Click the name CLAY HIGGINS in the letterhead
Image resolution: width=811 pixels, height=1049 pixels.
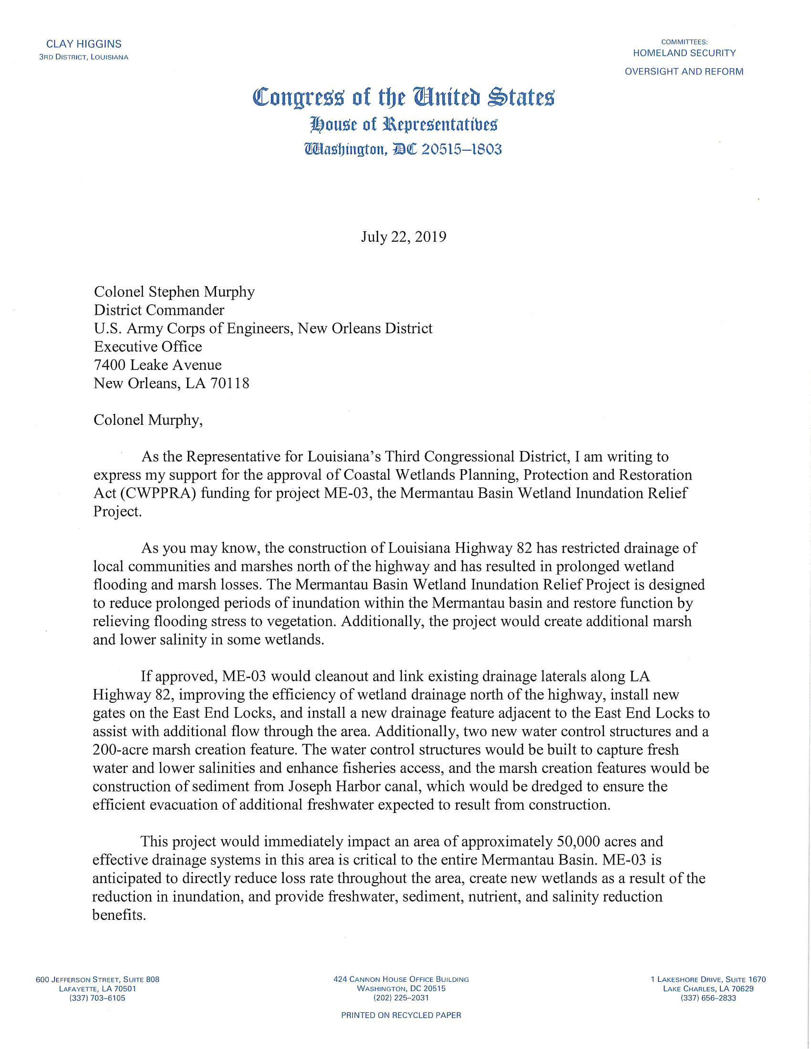(83, 44)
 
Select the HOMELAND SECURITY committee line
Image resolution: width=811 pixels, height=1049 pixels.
(684, 53)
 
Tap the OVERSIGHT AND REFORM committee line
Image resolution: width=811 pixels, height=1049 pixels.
(684, 72)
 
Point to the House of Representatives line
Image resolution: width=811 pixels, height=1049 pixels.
(404, 125)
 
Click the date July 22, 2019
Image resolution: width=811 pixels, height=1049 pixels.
(404, 237)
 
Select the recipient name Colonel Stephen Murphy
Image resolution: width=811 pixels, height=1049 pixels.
(174, 292)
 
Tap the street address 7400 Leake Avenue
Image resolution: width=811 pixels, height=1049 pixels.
(157, 365)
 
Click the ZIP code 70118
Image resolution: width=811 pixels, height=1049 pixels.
(229, 383)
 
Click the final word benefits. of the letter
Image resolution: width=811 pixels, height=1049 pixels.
(119, 915)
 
